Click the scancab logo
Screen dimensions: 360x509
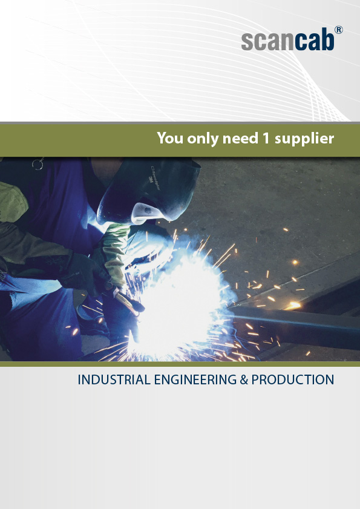pyautogui.click(x=292, y=39)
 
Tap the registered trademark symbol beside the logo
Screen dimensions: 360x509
pyautogui.click(x=339, y=30)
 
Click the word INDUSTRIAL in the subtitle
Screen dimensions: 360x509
pyautogui.click(x=114, y=379)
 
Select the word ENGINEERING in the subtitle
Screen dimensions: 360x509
pyautogui.click(x=195, y=379)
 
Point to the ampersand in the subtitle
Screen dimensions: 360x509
pyautogui.click(x=244, y=379)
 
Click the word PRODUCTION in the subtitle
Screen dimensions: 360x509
pyautogui.click(x=293, y=379)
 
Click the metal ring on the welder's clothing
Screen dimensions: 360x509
pyautogui.click(x=38, y=164)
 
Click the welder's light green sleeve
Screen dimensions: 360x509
pyautogui.click(x=115, y=250)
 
